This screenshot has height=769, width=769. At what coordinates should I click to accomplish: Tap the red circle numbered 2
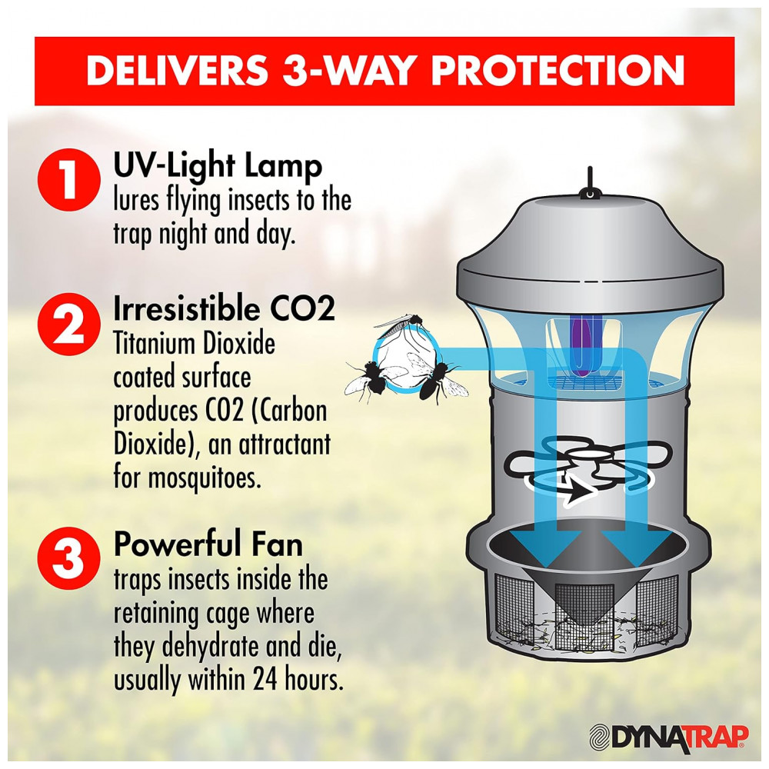68,325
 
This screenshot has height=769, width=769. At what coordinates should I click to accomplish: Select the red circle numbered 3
68,558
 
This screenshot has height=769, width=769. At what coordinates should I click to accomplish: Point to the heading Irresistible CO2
224,309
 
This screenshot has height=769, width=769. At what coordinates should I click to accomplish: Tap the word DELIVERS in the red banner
178,71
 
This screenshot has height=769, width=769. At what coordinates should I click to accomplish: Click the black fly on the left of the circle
371,378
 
